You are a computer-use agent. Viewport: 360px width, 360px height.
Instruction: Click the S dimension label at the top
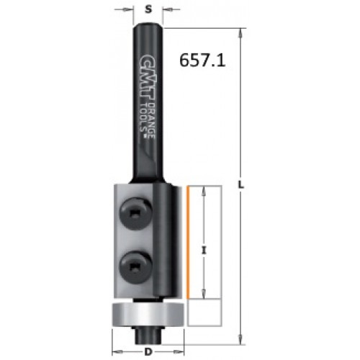click(149, 9)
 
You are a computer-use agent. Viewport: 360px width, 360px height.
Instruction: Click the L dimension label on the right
click(240, 185)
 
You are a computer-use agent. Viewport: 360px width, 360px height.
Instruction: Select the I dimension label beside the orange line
click(204, 251)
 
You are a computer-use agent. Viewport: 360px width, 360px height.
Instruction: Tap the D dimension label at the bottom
click(149, 352)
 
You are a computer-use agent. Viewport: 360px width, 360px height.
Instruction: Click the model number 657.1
click(202, 60)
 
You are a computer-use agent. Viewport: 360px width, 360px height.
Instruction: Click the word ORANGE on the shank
click(152, 121)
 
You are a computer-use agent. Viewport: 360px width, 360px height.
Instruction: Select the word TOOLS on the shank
click(144, 118)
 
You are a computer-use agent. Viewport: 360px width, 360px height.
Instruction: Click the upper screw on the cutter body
click(135, 214)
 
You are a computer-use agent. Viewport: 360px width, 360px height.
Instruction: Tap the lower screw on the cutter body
click(135, 266)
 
